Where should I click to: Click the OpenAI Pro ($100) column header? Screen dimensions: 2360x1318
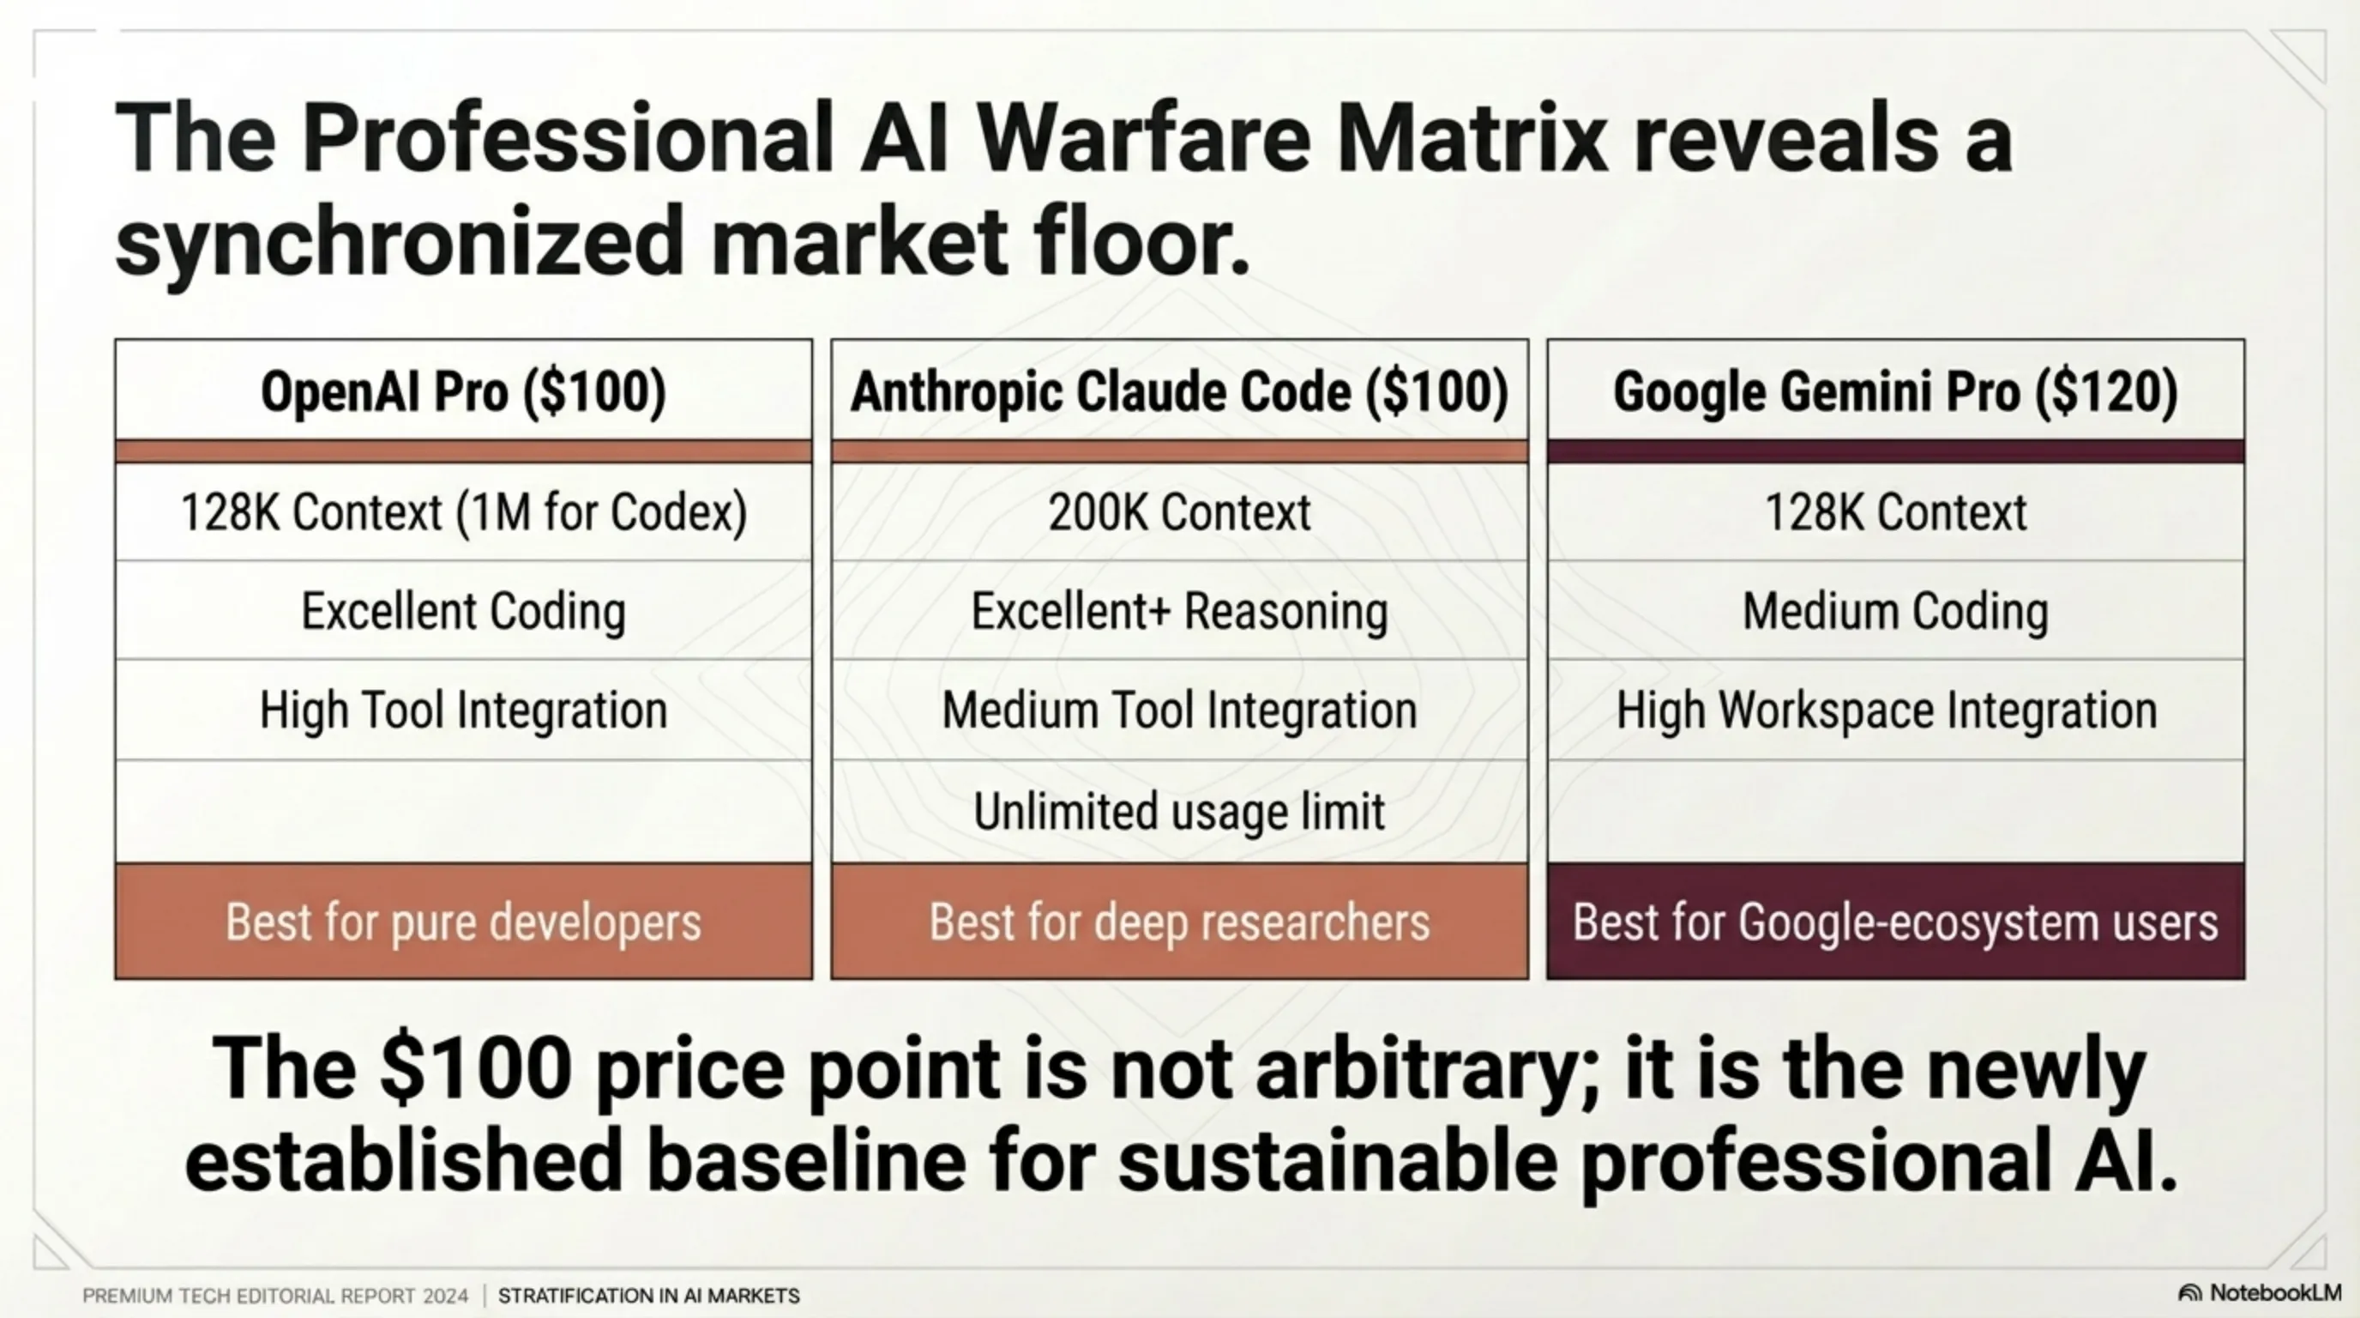[464, 391]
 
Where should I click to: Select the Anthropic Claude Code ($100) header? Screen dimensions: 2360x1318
[1180, 391]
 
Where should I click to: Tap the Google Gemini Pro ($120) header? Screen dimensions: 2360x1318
[1895, 391]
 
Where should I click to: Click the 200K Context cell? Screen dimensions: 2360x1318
[1180, 511]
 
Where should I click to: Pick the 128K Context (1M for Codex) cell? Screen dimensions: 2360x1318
[464, 511]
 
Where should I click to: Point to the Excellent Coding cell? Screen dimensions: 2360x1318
[464, 610]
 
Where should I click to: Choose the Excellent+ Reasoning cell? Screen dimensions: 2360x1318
[1180, 610]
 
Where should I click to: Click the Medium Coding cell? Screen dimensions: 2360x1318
[1895, 610]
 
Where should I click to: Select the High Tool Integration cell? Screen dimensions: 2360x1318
[464, 710]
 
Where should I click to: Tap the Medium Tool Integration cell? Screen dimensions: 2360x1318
[1180, 710]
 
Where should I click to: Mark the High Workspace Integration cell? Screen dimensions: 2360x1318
[1895, 710]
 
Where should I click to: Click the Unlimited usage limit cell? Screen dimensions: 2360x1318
[1180, 811]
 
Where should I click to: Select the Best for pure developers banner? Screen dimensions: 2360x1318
[464, 921]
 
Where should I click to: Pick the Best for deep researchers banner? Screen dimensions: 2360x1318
[1180, 921]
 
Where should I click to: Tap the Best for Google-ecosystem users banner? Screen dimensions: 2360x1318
[1895, 921]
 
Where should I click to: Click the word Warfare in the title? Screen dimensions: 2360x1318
[1143, 139]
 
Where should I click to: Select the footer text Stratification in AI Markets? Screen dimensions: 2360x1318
[648, 1296]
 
